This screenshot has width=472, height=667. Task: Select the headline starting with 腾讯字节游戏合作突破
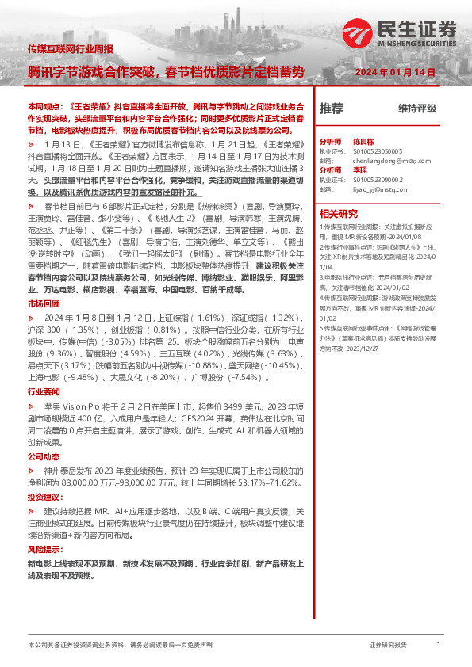coord(165,71)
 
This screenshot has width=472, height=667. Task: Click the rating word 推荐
coord(332,108)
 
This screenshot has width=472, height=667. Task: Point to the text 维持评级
coord(417,108)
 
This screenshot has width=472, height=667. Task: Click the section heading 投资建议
coord(43,497)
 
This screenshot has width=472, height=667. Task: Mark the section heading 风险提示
coord(43,548)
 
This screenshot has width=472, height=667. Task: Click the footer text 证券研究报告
coord(388,645)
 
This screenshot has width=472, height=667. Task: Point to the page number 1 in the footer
coord(439,644)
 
